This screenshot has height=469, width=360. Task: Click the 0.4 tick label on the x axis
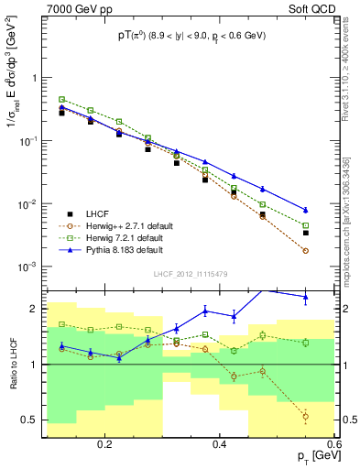[219, 444]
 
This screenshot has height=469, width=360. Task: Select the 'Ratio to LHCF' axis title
[13, 362]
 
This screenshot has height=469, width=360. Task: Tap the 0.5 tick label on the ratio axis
[32, 420]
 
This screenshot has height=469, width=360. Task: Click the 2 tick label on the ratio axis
[36, 309]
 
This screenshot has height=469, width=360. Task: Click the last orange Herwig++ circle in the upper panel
[306, 250]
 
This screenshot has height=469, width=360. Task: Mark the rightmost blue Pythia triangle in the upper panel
[306, 210]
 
